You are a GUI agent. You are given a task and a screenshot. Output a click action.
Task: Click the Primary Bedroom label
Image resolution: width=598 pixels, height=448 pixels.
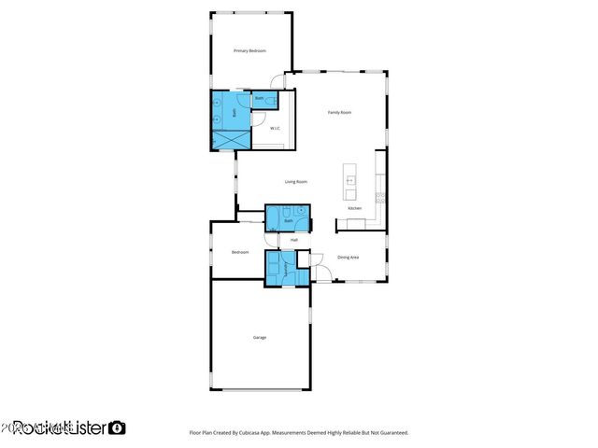tap(249, 50)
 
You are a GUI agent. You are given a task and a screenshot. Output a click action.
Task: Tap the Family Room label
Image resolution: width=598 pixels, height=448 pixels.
tap(339, 112)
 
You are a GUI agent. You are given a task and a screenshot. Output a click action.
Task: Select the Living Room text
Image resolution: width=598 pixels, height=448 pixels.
tap(296, 182)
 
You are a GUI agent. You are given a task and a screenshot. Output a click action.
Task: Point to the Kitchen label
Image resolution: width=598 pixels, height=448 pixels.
tap(354, 208)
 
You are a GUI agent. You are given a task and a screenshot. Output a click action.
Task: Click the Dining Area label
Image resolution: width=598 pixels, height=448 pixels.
tap(349, 257)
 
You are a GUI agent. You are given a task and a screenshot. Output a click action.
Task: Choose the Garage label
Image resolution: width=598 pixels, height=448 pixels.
tap(260, 337)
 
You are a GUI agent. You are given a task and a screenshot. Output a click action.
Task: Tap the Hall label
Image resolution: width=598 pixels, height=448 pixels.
tap(294, 240)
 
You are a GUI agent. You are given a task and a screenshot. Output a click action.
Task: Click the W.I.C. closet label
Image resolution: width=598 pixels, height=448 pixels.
tap(276, 129)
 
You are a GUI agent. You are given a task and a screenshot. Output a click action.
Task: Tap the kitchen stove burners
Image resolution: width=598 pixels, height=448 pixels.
tap(379, 196)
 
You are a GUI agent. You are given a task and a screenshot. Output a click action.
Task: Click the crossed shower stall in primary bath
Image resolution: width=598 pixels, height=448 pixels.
tap(232, 140)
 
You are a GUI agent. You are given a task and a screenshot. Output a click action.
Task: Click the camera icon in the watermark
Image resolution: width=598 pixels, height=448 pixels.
tap(118, 427)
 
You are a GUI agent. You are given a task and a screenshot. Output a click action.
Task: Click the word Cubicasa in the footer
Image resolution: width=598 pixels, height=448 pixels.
tap(264, 433)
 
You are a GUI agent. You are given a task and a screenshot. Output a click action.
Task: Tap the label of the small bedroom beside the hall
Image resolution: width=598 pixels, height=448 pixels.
tap(240, 252)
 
